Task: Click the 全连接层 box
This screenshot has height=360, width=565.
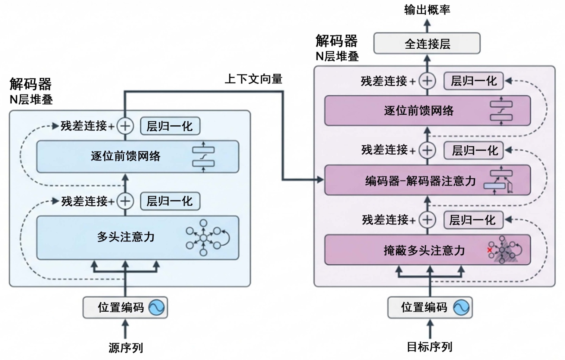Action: click(x=427, y=44)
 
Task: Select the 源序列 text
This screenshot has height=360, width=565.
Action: click(x=126, y=348)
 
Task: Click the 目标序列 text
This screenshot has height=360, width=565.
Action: click(x=430, y=347)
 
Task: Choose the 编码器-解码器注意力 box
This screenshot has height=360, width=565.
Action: click(x=427, y=180)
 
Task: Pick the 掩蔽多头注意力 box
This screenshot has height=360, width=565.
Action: click(x=427, y=250)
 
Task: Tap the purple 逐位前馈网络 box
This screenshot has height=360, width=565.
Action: click(x=427, y=111)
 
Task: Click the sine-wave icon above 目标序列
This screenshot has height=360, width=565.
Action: click(x=461, y=308)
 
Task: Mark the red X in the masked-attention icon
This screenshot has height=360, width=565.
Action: click(x=490, y=250)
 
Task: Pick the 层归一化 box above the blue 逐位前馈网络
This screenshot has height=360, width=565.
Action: click(x=170, y=126)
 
